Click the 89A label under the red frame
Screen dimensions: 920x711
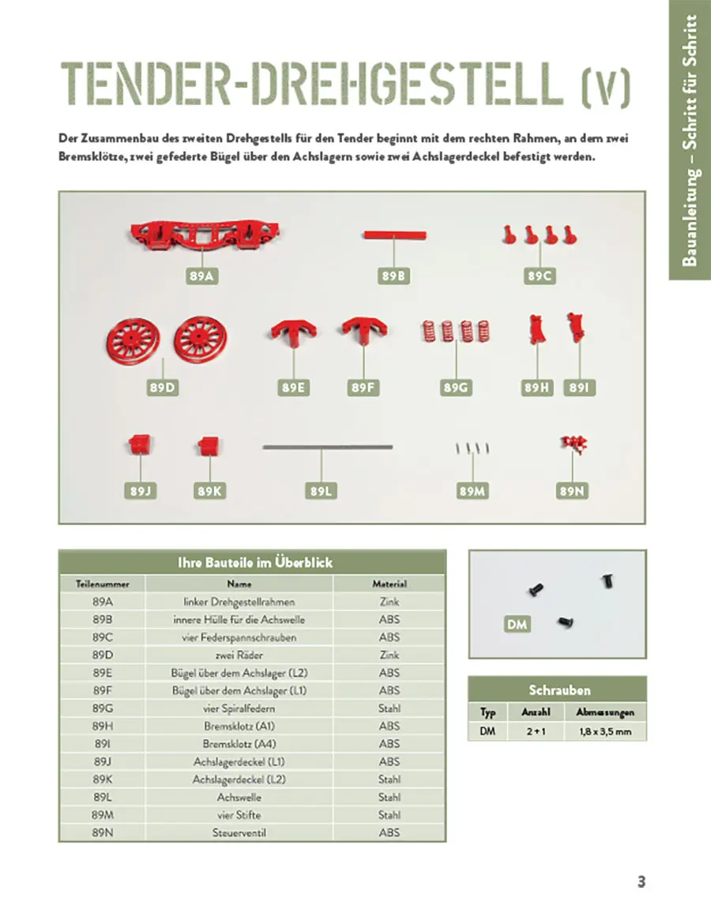[x=203, y=276]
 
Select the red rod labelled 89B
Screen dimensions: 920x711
[x=395, y=235]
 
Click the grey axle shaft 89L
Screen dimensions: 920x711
[x=327, y=447]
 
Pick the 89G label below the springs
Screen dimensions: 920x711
[x=457, y=388]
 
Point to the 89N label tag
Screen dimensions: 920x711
[x=571, y=490]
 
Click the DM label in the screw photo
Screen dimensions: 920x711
[x=517, y=625]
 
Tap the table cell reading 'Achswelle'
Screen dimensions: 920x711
[x=239, y=797]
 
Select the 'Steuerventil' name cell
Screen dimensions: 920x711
[x=239, y=832]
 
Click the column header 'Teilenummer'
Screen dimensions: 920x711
[x=102, y=584]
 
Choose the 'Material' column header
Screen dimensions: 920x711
[x=389, y=584]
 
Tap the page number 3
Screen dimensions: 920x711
[x=641, y=882]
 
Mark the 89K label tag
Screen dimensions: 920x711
[x=209, y=490]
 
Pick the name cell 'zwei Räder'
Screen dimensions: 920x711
[x=239, y=655]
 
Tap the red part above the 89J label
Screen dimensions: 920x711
[x=139, y=445]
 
